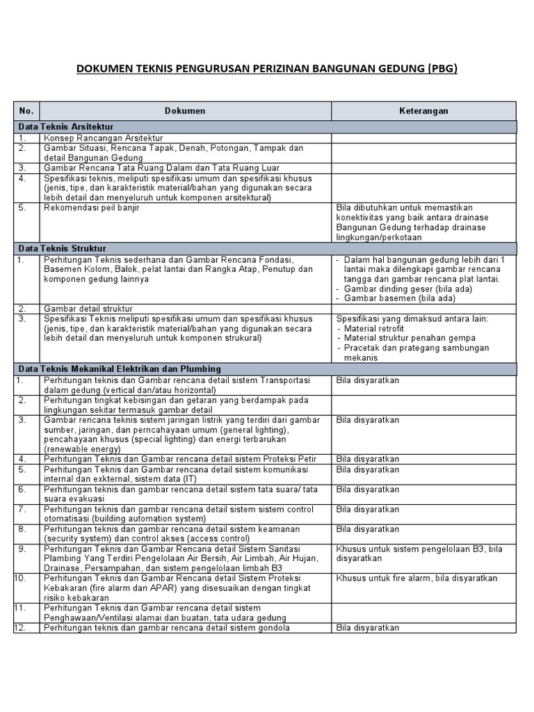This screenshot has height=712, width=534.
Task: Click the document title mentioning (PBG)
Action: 267,69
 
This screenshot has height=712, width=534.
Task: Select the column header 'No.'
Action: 26,111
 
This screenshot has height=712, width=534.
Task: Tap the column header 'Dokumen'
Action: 185,111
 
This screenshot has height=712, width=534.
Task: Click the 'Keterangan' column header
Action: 423,111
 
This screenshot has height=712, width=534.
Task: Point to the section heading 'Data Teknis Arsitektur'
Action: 66,127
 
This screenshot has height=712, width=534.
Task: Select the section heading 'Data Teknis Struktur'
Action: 62,248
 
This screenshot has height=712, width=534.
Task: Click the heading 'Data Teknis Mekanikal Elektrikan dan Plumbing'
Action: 120,369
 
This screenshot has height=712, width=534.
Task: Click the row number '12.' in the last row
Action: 22,628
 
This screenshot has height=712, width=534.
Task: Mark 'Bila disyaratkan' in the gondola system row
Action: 368,628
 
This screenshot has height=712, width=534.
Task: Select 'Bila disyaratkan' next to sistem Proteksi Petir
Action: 368,459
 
